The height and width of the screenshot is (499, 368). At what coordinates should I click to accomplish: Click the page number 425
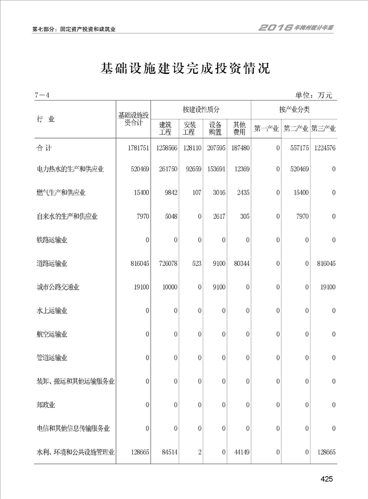327,480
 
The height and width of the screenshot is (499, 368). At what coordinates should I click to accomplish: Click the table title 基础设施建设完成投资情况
185,69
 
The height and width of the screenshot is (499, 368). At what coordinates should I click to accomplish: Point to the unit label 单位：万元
314,95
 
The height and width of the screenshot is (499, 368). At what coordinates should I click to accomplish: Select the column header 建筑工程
165,128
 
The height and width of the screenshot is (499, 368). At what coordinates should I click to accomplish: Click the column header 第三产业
323,128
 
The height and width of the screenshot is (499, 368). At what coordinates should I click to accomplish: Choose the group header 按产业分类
294,110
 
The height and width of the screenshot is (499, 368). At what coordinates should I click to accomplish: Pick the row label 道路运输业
52,264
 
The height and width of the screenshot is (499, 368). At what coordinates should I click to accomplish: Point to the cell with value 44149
240,452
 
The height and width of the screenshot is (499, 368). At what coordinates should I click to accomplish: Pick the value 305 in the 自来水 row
243,216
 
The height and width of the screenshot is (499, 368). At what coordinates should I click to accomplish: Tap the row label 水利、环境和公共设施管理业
76,452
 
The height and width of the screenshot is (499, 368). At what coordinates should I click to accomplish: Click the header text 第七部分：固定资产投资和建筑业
73,29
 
